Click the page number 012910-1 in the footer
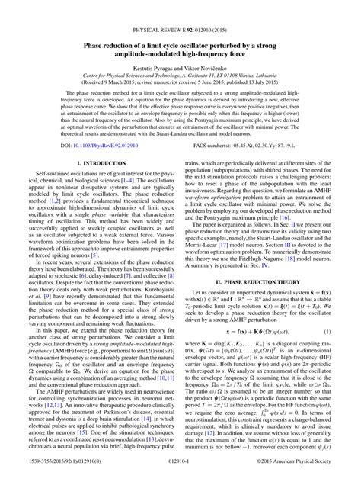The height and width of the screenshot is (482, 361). [180, 474]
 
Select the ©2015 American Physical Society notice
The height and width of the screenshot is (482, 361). [305, 474]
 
